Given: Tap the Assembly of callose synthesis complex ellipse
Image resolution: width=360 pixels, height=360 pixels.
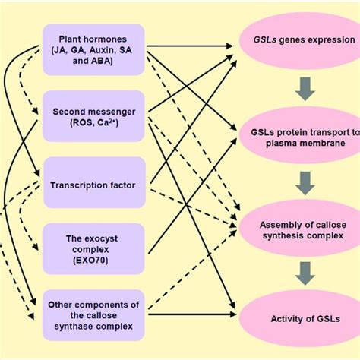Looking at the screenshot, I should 302,229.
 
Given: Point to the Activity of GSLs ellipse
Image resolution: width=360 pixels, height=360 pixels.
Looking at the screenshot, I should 302,317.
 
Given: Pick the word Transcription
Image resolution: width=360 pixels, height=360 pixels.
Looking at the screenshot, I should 81,183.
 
